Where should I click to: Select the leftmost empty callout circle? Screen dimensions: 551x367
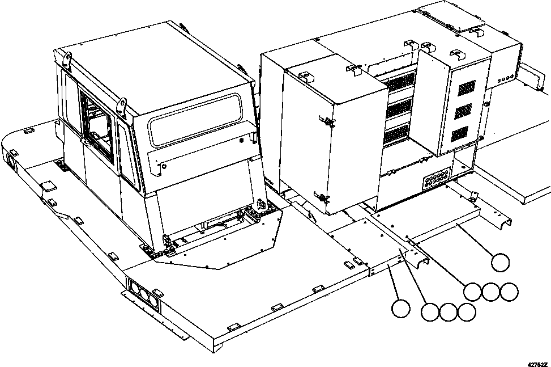pyautogui.click(x=400, y=308)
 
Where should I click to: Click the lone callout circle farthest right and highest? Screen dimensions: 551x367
pyautogui.click(x=499, y=263)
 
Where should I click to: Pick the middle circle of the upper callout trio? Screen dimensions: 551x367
pyautogui.click(x=490, y=292)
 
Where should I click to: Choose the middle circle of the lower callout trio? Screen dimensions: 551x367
pyautogui.click(x=447, y=311)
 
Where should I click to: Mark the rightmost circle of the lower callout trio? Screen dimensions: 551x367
pyautogui.click(x=466, y=311)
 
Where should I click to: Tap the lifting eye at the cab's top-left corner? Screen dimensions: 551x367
pyautogui.click(x=67, y=58)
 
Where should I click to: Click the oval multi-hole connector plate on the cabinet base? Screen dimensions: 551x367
pyautogui.click(x=436, y=179)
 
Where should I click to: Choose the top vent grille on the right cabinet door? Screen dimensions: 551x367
pyautogui.click(x=467, y=87)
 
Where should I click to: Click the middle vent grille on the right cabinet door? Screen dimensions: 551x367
pyautogui.click(x=463, y=111)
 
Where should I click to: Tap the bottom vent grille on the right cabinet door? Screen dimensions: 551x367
pyautogui.click(x=459, y=134)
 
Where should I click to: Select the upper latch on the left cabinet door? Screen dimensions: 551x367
pyautogui.click(x=327, y=120)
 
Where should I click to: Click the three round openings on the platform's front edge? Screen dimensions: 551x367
pyautogui.click(x=143, y=292)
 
